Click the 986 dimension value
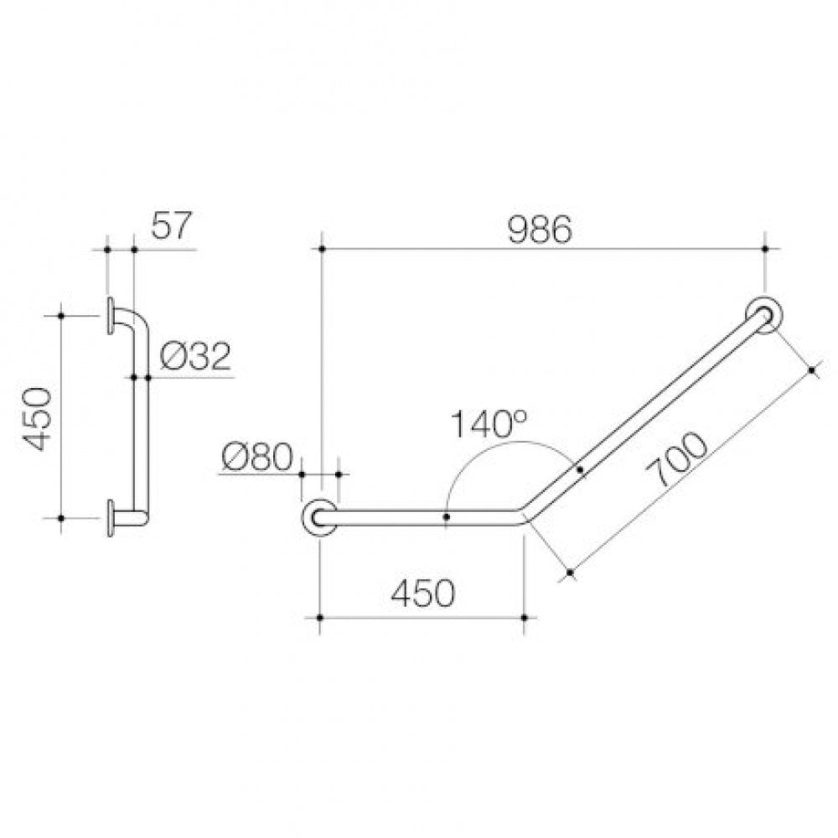tap(539, 230)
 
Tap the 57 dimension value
tap(171, 226)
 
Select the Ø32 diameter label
tap(195, 356)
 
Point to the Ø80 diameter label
tap(258, 458)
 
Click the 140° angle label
tap(489, 423)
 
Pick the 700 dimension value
tap(676, 459)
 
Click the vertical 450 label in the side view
tap(38, 419)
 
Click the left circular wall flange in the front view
tap(319, 518)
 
